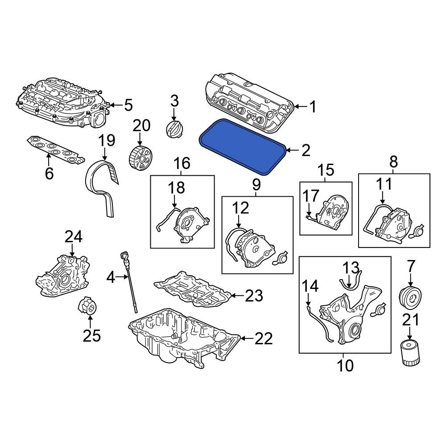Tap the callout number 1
coord(313,107)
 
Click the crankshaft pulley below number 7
coord(410,298)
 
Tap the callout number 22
coord(264,338)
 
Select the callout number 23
coord(254,296)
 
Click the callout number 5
coord(128,105)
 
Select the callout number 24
coord(74,237)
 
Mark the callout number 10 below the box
coord(345,366)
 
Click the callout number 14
coord(310,286)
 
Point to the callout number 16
coord(182,163)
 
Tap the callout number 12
coord(241,208)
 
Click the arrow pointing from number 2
coord(292,150)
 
